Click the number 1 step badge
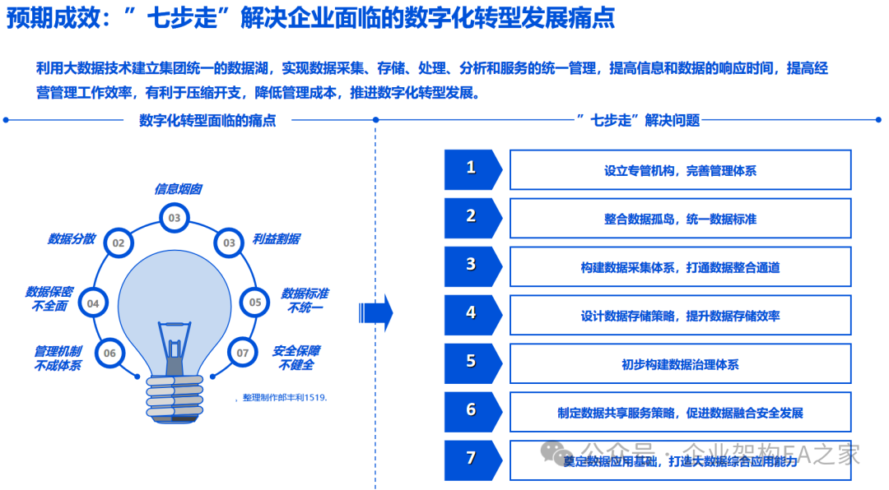(472, 169)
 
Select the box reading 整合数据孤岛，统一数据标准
(680, 218)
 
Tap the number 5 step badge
(472, 362)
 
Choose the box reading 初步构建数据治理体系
(680, 363)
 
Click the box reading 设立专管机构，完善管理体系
(680, 170)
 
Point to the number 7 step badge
(472, 459)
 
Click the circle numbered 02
(119, 243)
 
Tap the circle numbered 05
(255, 302)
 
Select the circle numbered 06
(109, 353)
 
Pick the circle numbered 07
(242, 353)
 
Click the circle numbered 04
(93, 303)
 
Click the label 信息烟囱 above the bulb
(178, 189)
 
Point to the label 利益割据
(276, 239)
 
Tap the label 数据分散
(72, 239)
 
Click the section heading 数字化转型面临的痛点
(207, 120)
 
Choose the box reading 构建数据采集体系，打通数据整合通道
(680, 266)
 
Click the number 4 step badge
(472, 313)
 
